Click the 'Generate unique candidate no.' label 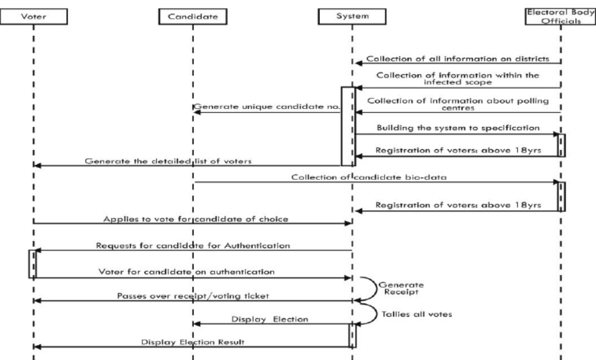[267, 108]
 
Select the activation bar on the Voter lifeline [33, 264]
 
